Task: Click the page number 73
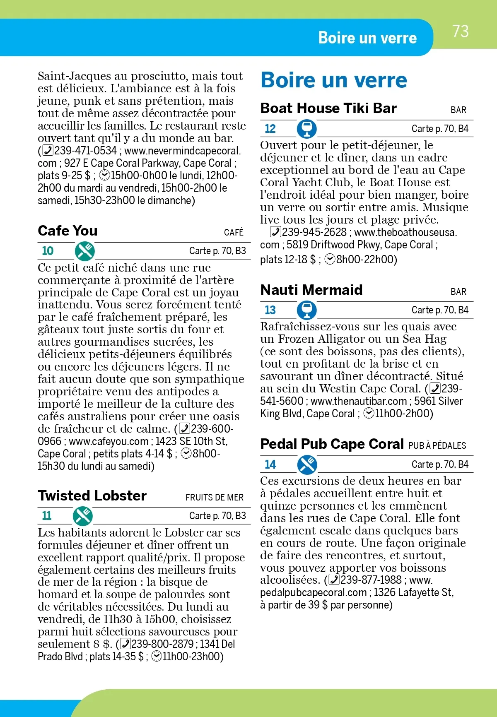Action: click(x=460, y=31)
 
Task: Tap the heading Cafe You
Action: click(x=68, y=231)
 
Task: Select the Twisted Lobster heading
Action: click(x=92, y=496)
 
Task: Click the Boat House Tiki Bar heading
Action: click(x=328, y=108)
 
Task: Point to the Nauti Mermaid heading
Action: click(x=311, y=290)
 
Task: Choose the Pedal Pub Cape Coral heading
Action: click(x=332, y=444)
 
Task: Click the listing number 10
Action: click(x=48, y=251)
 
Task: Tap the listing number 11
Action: click(x=47, y=516)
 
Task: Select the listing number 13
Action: click(x=270, y=310)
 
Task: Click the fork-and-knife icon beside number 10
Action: click(x=84, y=251)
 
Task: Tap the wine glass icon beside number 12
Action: click(x=307, y=128)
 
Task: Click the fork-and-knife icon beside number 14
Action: click(x=307, y=464)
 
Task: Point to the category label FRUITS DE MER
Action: click(x=214, y=498)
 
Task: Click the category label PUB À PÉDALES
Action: click(x=437, y=446)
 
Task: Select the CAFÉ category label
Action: click(x=234, y=233)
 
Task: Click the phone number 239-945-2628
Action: click(x=314, y=232)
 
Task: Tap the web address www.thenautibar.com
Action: click(x=359, y=401)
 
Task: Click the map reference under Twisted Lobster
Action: click(x=217, y=516)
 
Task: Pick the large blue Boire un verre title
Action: click(x=334, y=80)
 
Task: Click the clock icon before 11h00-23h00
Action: click(x=156, y=657)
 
